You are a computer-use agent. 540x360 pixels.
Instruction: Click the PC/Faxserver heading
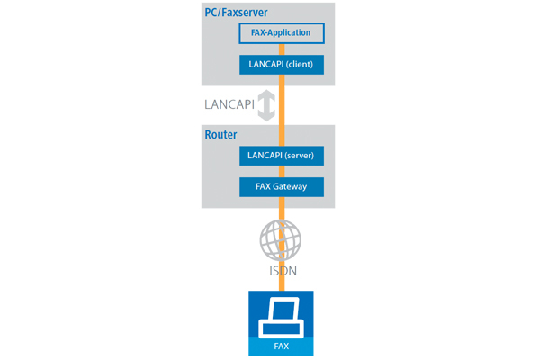click(242, 12)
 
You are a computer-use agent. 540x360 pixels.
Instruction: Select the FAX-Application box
click(281, 33)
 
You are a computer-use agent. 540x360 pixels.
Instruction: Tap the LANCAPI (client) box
click(281, 65)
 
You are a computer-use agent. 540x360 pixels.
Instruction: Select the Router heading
click(220, 135)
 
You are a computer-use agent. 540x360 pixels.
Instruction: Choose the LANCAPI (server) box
click(281, 156)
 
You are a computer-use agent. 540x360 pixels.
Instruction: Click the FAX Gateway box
click(281, 187)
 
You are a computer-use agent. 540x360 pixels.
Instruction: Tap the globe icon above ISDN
click(281, 240)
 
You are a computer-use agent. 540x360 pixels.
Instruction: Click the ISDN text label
click(281, 269)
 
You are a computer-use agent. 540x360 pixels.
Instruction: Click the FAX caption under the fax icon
click(281, 346)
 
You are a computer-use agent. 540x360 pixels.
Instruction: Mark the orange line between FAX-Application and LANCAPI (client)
click(281, 49)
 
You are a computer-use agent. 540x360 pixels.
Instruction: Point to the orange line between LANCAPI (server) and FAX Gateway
click(281, 171)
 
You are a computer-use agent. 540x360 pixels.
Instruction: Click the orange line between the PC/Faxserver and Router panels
click(281, 106)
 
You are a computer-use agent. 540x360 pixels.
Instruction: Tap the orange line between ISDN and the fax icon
click(281, 283)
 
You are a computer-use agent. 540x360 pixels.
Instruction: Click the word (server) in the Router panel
click(300, 156)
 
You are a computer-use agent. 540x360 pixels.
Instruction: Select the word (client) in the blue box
click(301, 65)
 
